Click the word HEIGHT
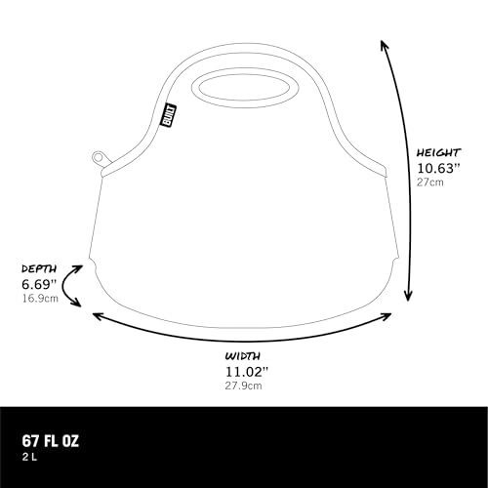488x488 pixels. pyautogui.click(x=439, y=152)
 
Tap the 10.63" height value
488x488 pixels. pyautogui.click(x=439, y=168)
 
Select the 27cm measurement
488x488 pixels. pyautogui.click(x=430, y=183)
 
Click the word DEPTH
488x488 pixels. pyautogui.click(x=39, y=268)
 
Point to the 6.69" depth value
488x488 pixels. pyautogui.click(x=39, y=284)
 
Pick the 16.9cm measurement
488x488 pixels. pyautogui.click(x=40, y=299)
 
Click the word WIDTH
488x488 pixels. pyautogui.click(x=243, y=356)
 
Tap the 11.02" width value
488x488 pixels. pyautogui.click(x=247, y=372)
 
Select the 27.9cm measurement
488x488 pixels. pyautogui.click(x=243, y=386)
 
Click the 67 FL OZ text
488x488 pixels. pyautogui.click(x=51, y=441)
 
